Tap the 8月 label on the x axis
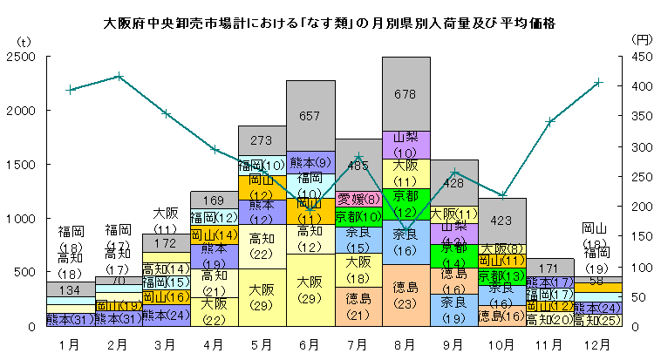[x=405, y=344]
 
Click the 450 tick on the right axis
[x=641, y=57]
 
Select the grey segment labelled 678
[x=405, y=93]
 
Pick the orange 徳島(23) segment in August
[x=405, y=295]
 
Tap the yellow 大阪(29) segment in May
[x=262, y=296]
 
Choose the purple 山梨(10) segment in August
[x=405, y=145]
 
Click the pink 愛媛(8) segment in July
[x=358, y=198]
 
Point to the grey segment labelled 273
[x=262, y=139]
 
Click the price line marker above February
[x=119, y=77]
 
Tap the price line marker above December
[x=597, y=83]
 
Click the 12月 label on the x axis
[x=597, y=344]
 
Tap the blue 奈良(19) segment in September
[x=453, y=309]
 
